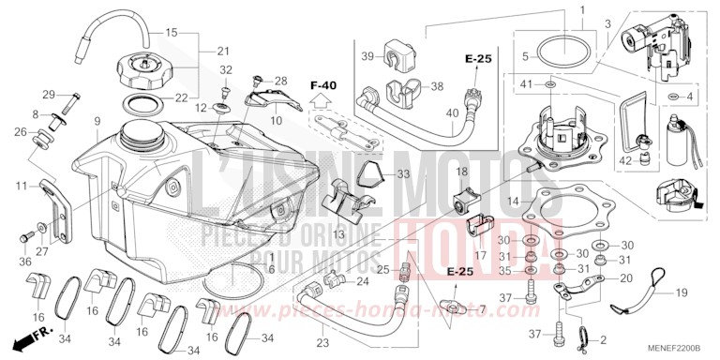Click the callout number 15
171,34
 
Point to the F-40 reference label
322,85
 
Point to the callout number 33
377,174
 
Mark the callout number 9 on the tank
97,122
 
